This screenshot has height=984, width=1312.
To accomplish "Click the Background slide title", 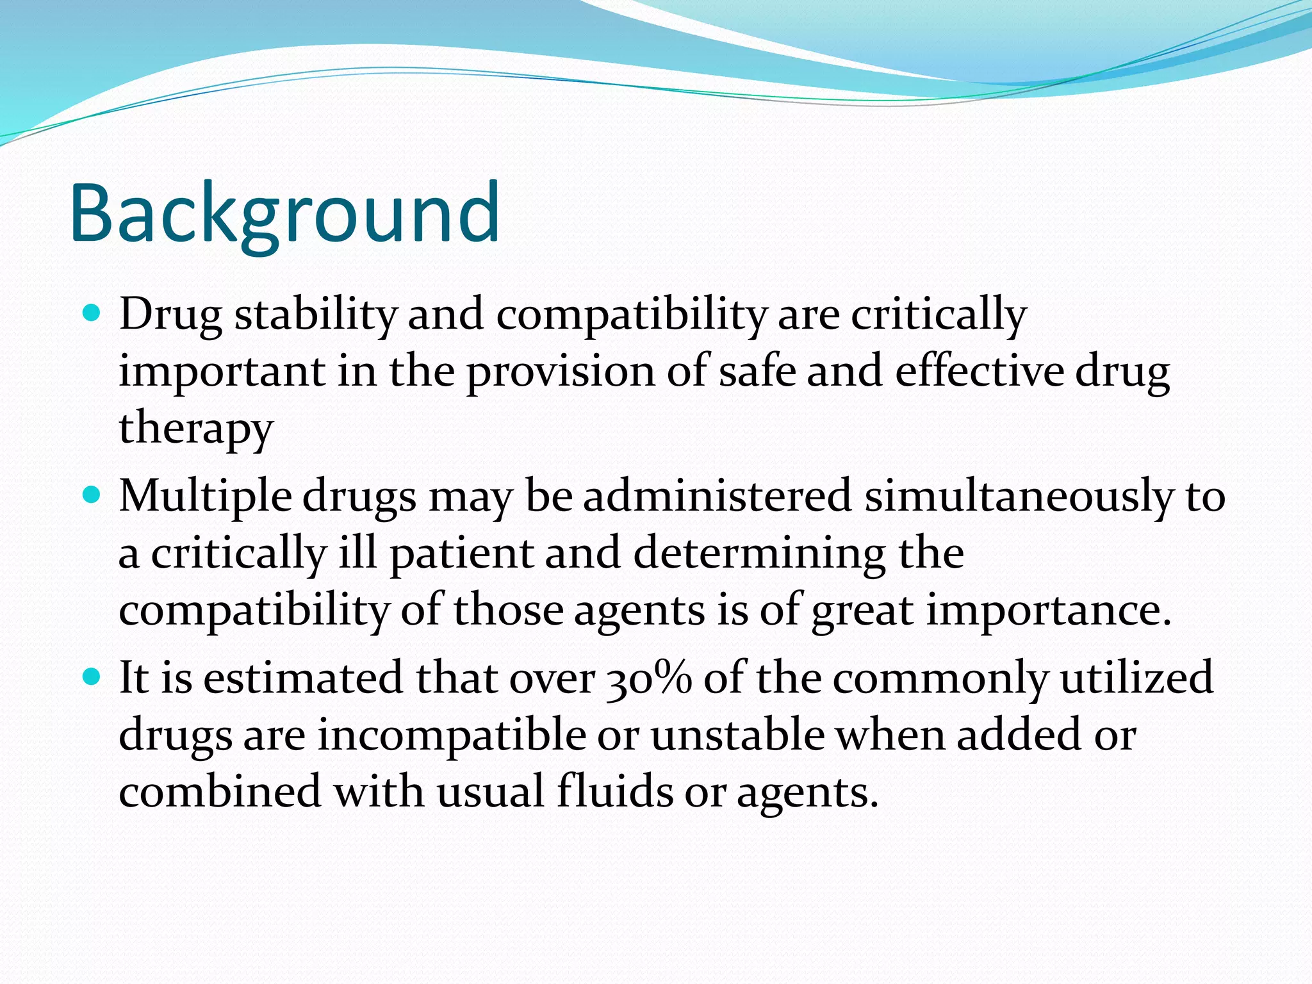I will pyautogui.click(x=284, y=214).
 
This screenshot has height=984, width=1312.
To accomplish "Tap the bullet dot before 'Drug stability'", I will pyautogui.click(x=92, y=313).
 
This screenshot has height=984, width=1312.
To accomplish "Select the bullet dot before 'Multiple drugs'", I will pyautogui.click(x=92, y=495).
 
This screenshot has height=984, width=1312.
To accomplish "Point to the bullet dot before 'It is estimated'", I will pyautogui.click(x=92, y=676).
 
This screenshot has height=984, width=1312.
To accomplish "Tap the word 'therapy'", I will pyautogui.click(x=196, y=428).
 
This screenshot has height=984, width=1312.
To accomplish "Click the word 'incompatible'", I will pyautogui.click(x=452, y=735).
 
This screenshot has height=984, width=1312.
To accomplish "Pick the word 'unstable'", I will pyautogui.click(x=737, y=735).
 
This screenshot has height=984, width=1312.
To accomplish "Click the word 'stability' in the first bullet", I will pyautogui.click(x=315, y=315).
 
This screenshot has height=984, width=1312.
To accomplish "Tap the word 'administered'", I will pyautogui.click(x=717, y=496).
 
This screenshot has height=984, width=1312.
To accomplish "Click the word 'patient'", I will pyautogui.click(x=461, y=553).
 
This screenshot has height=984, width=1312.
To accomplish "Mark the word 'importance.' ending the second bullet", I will pyautogui.click(x=1049, y=611).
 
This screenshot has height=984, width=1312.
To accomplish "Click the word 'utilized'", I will pyautogui.click(x=1136, y=678).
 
